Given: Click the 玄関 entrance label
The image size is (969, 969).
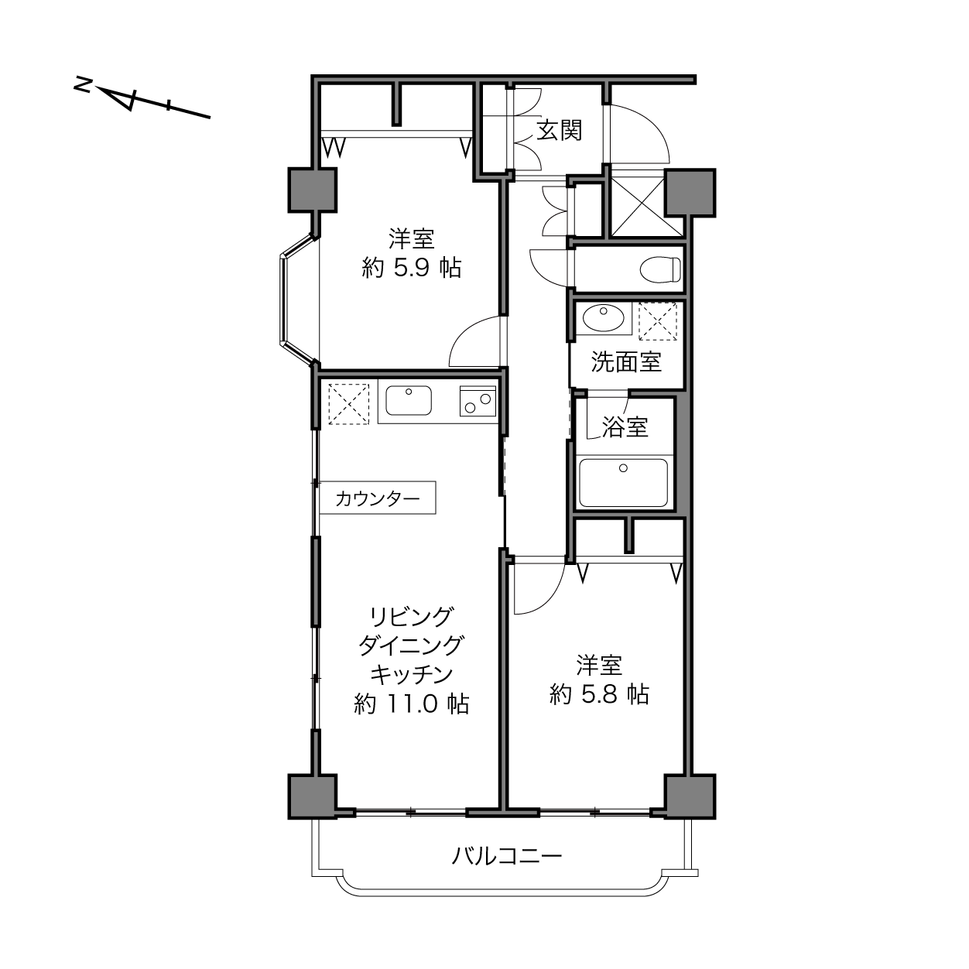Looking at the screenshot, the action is (559, 131).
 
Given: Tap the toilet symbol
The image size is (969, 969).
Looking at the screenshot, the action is (659, 269).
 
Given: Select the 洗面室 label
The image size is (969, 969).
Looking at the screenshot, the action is (626, 361).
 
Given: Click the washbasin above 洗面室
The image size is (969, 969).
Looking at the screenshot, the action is (603, 318).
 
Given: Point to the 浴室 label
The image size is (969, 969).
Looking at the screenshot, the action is (625, 426).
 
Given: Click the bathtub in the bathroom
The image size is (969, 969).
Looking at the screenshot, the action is (624, 482).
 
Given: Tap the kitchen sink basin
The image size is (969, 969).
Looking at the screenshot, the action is (409, 400).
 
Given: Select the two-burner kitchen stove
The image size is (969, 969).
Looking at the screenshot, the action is (478, 401).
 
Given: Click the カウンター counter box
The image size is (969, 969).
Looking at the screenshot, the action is (378, 498).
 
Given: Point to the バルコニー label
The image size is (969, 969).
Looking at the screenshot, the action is (506, 855).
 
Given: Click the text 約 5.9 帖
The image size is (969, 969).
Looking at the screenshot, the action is (411, 268).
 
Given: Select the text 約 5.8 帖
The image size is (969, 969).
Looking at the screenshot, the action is (599, 694).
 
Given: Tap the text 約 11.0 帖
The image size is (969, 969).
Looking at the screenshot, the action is (411, 704).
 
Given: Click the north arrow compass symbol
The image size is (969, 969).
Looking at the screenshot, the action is (142, 101).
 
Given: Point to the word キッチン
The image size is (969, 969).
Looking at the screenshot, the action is (411, 675).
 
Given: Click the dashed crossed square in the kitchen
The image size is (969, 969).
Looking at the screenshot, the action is (348, 404).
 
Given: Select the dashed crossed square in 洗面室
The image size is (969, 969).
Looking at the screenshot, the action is (658, 321).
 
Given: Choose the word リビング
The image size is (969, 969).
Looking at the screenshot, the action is (411, 617).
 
